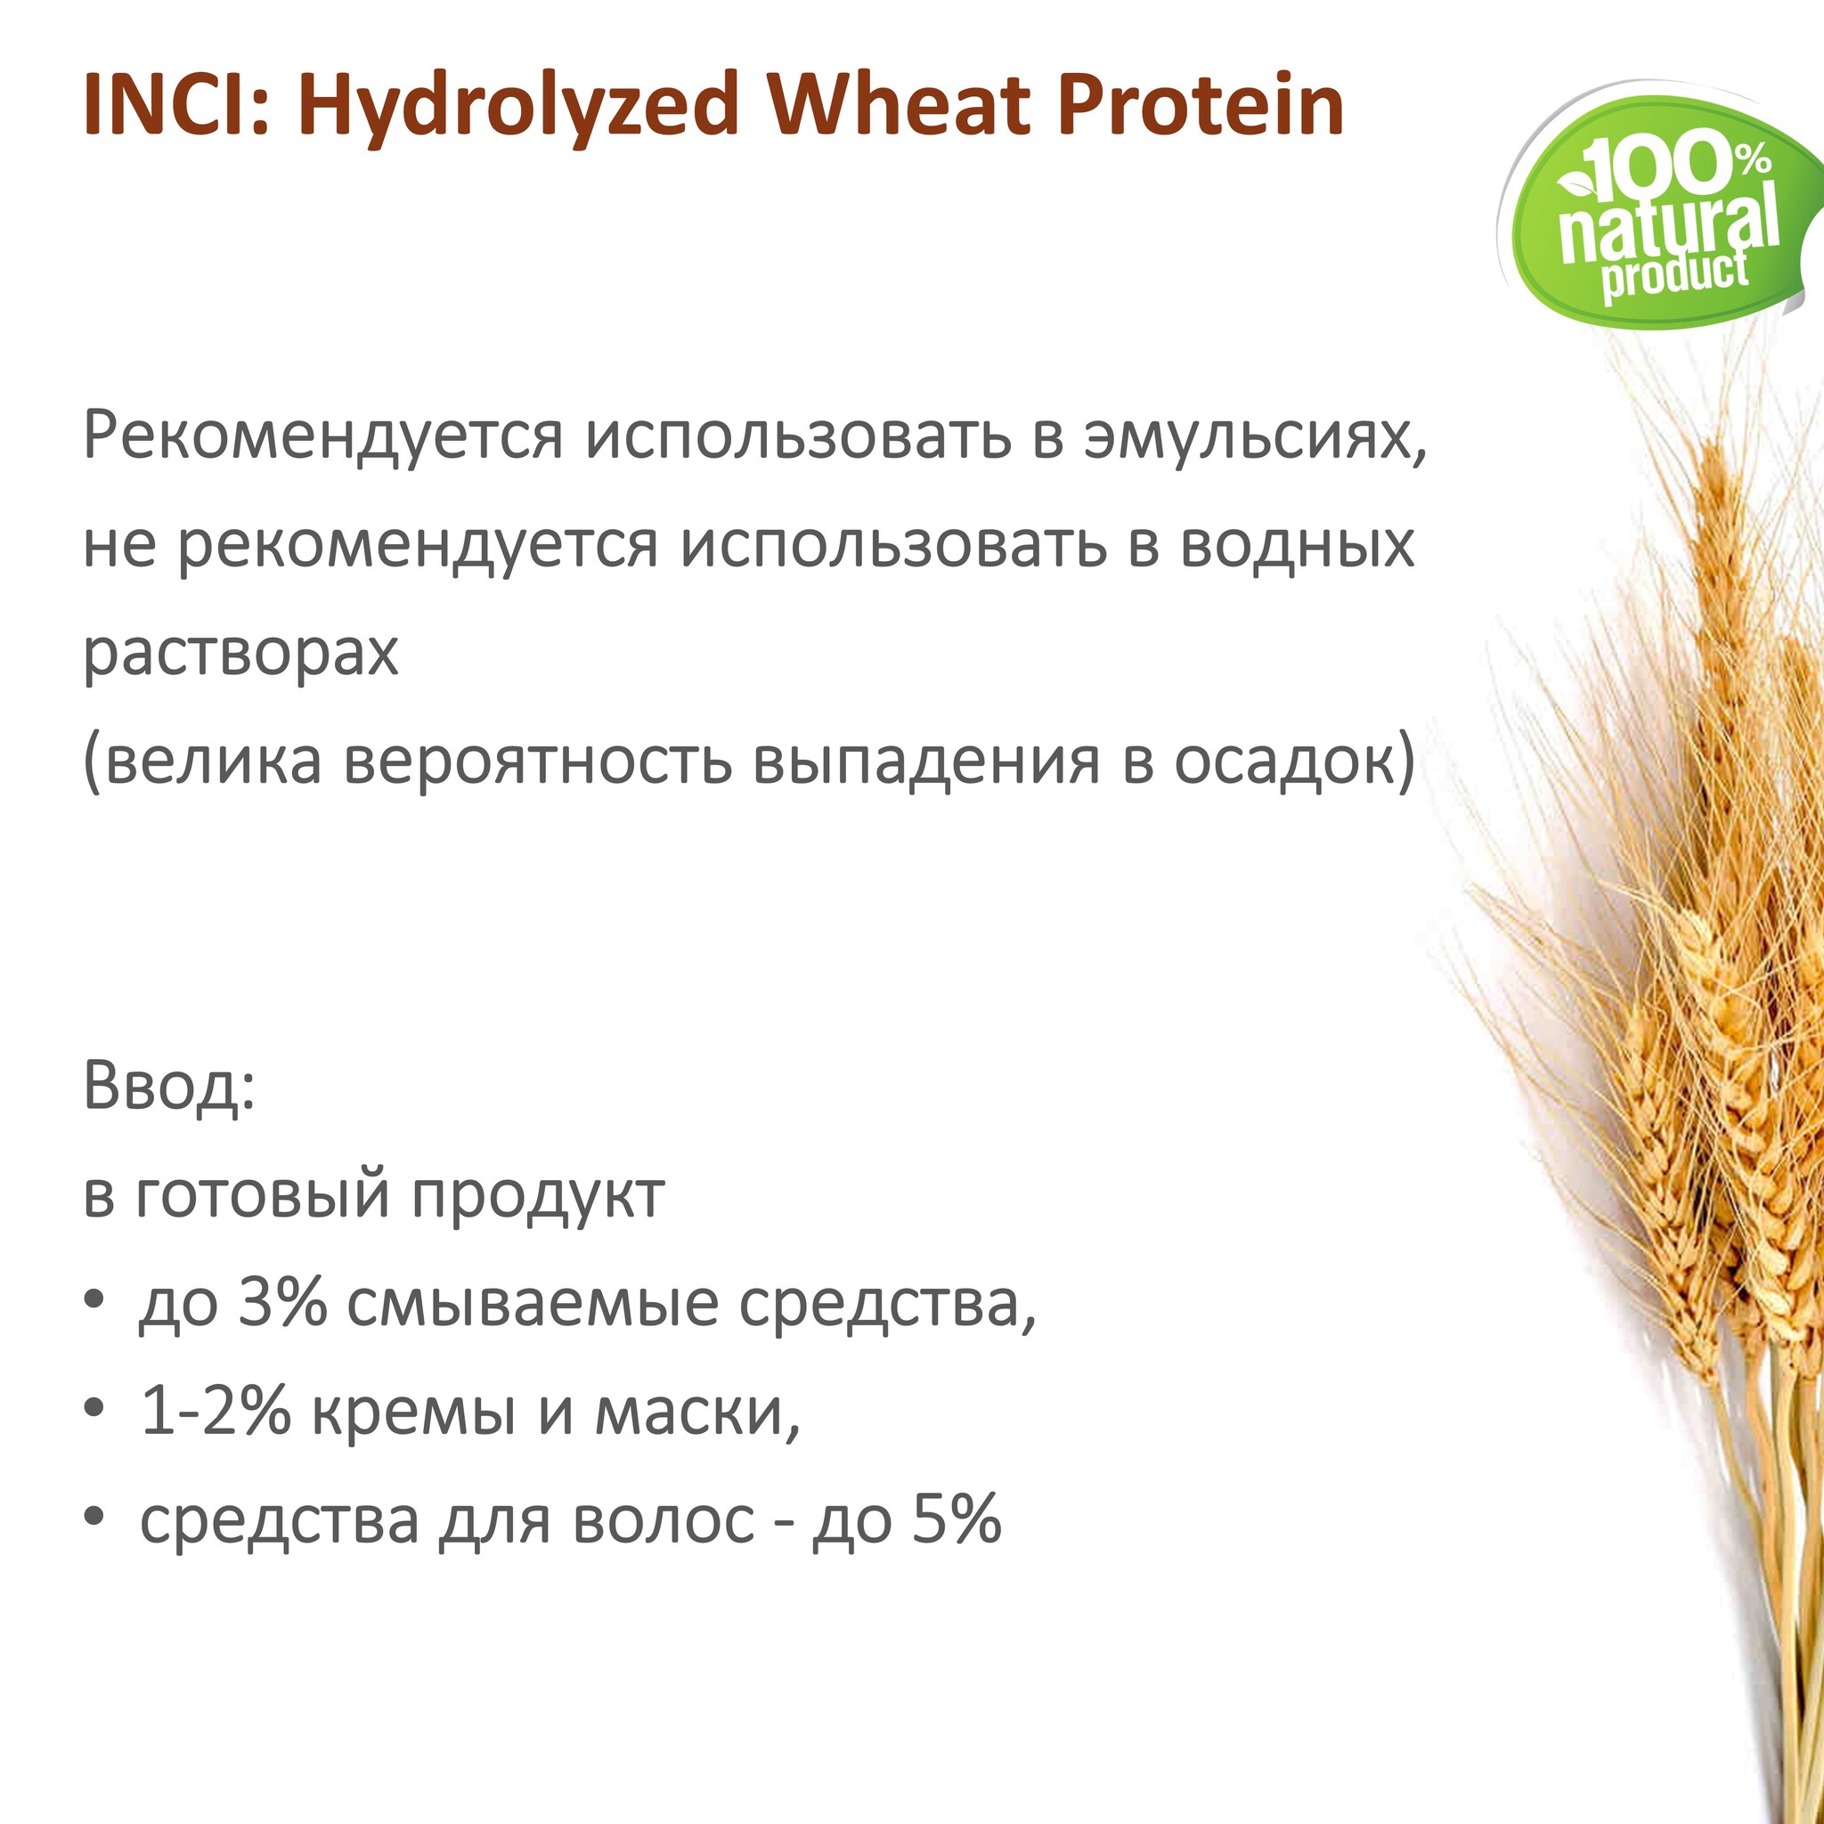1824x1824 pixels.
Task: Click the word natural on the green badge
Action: tap(1667, 225)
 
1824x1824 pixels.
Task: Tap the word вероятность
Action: tap(537, 761)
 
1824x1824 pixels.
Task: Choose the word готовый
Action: tap(263, 1194)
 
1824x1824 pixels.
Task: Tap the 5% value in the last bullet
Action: tap(957, 1519)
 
